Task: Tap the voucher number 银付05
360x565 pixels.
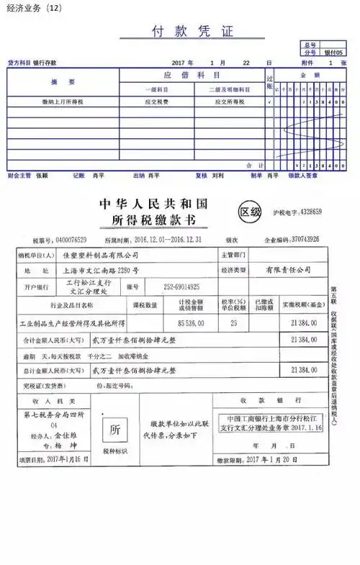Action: (x=334, y=53)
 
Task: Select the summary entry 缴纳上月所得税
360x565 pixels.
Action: (x=63, y=102)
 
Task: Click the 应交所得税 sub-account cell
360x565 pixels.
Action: (x=230, y=102)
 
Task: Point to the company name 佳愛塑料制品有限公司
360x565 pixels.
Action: (x=102, y=255)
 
